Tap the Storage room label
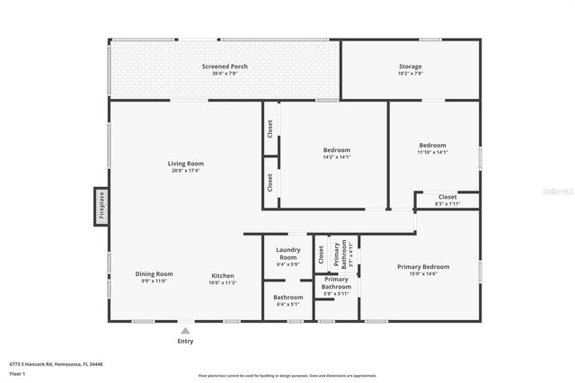[411, 67]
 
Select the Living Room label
[186, 164]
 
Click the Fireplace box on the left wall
[102, 206]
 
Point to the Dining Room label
[154, 274]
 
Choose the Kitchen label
[223, 275]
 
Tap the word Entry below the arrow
[185, 342]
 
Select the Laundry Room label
[287, 253]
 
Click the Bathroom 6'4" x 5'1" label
[287, 297]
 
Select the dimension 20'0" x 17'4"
[186, 171]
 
